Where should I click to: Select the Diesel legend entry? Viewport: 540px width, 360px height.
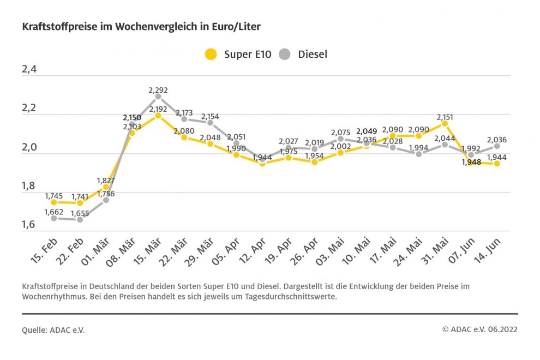(303, 54)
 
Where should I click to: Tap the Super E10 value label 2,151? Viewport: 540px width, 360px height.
(445, 117)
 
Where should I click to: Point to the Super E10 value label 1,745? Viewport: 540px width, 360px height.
(54, 196)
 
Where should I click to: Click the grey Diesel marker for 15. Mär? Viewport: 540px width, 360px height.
(158, 97)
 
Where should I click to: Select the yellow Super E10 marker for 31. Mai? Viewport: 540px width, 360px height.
(445, 124)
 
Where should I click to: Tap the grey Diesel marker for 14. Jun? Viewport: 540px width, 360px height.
(497, 146)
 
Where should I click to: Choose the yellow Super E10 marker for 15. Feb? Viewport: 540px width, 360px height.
(53, 202)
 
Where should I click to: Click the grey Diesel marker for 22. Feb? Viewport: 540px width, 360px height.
(80, 219)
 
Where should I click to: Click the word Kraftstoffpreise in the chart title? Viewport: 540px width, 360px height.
(53, 26)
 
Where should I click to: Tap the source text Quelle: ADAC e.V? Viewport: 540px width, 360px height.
(53, 330)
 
